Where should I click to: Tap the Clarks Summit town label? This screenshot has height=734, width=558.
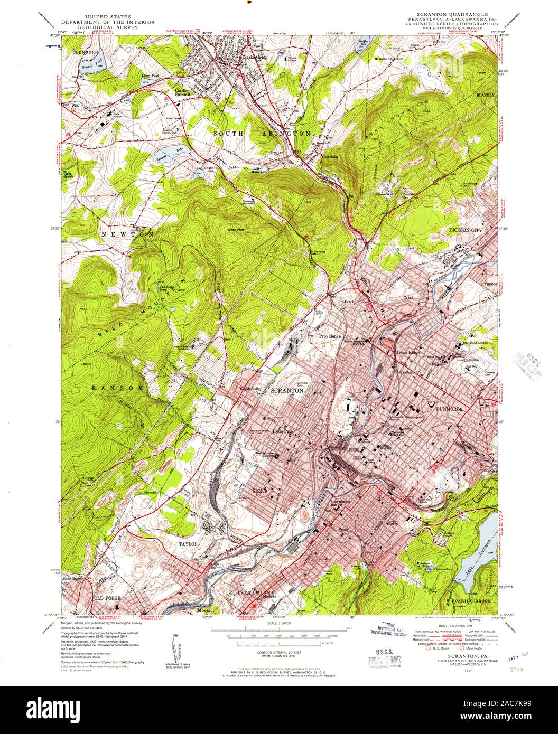coord(182,92)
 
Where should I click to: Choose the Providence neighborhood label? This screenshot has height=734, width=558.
coord(330,336)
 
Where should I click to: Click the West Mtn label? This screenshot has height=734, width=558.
coord(236,230)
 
